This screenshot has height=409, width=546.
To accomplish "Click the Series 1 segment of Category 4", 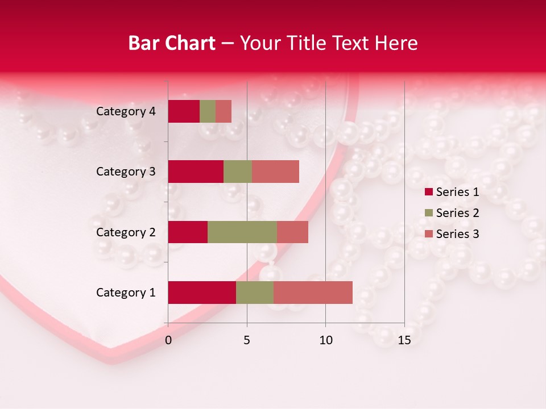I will coord(184,111).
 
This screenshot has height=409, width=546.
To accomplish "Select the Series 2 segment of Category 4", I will coord(208,111).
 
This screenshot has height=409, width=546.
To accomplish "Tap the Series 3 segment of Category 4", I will coord(224,111).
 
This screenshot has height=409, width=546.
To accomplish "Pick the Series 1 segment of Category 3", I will coord(196,172).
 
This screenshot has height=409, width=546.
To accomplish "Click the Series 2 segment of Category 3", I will coord(238,172).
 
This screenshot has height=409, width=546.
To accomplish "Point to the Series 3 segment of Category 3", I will coord(275,172).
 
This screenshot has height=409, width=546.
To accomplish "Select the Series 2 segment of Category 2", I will coord(242,232).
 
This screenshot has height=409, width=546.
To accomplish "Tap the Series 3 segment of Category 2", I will coord(292,232).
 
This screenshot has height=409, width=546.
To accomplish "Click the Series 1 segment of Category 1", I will coord(202,293).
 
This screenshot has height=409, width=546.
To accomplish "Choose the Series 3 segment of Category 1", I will coord(313,293).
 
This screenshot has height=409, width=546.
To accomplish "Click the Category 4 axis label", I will coord(126,111).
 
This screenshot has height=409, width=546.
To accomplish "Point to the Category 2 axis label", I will coord(126,232).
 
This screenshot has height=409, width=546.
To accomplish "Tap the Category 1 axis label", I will coord(126,293).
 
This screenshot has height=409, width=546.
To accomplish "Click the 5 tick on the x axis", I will coord(247,340).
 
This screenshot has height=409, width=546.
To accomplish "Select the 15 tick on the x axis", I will coord(404,340).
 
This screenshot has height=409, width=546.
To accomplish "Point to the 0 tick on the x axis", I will coord(168,340).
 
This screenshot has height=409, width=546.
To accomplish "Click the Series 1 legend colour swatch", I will coord(429,192).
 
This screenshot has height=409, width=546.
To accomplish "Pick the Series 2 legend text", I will coord(457,213).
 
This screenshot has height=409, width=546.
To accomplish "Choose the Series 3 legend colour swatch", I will coord(429,234).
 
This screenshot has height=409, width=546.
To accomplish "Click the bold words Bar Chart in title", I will coord(172,43).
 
